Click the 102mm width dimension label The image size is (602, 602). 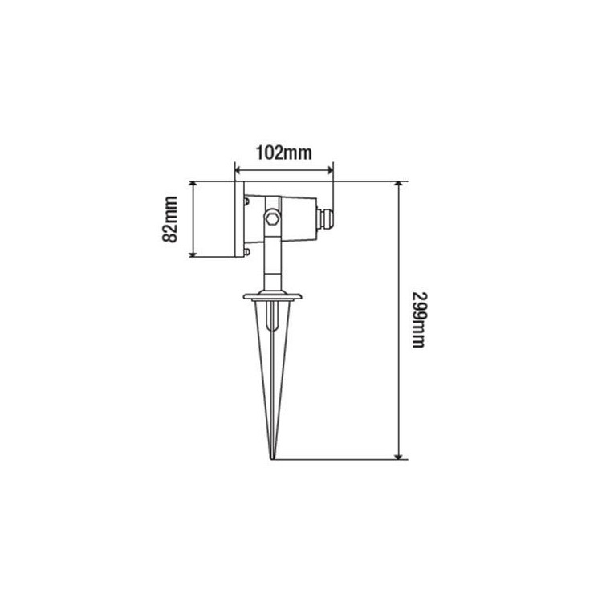(x=283, y=153)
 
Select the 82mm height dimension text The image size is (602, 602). (x=169, y=220)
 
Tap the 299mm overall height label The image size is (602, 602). (x=418, y=320)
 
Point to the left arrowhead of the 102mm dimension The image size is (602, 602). (x=238, y=170)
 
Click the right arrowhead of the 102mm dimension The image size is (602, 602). (x=330, y=170)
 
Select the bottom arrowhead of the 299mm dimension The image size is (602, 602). (x=399, y=456)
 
